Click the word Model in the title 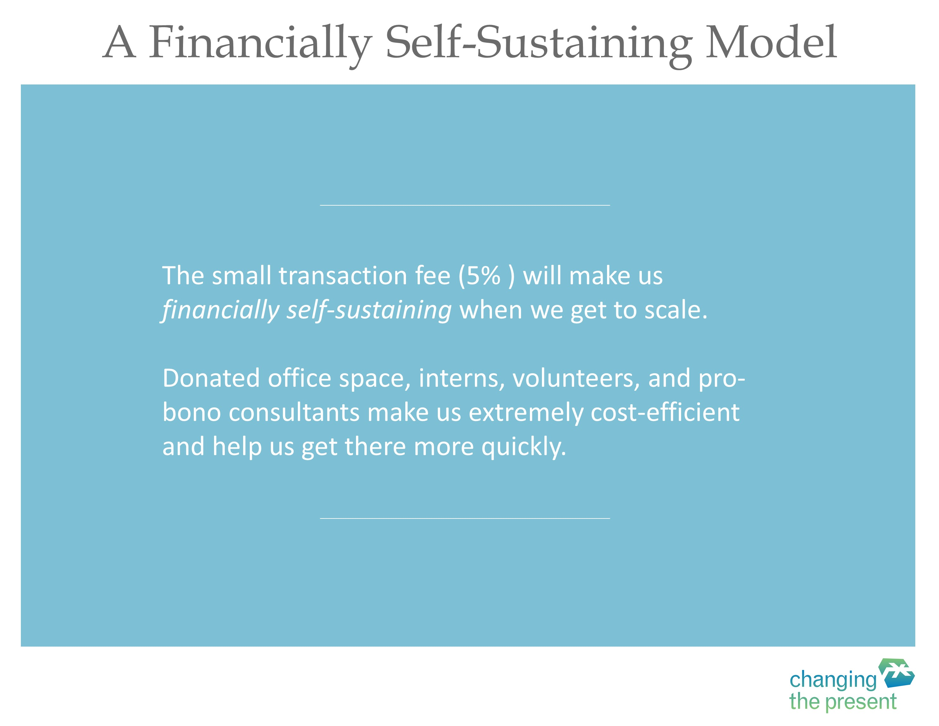[771, 42]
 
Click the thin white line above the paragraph [465, 205]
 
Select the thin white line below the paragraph [465, 518]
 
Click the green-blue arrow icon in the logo [897, 673]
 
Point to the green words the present [843, 702]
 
